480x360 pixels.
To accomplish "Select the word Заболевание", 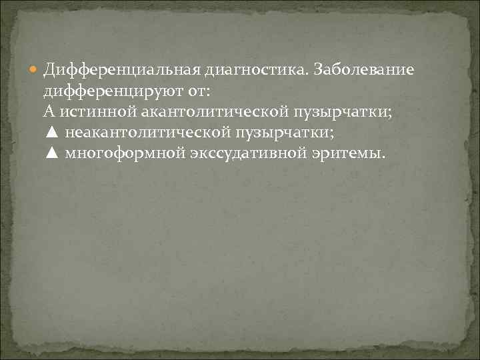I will pyautogui.click(x=364, y=69).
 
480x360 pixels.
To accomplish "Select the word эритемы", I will pyautogui.click(x=351, y=154).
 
